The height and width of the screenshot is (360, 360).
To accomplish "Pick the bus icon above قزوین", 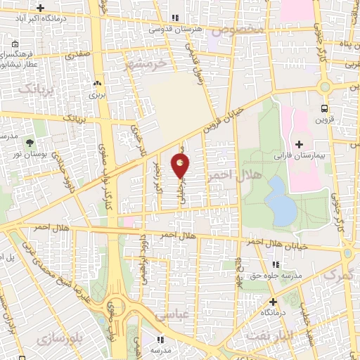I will [324, 108].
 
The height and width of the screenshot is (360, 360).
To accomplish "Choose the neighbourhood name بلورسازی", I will [80, 339].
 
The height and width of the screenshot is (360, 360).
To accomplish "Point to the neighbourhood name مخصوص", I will [240, 32].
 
